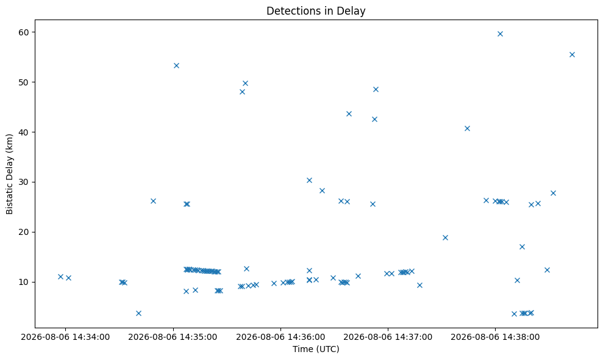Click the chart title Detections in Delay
coord(316,11)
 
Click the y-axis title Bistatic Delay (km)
coord(9,174)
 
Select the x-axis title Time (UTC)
coord(316,349)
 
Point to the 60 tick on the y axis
coord(23,32)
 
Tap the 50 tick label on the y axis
coord(23,82)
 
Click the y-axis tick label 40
coord(23,132)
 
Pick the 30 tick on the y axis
coord(23,182)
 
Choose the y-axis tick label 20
coord(23,232)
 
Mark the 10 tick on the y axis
coord(23,283)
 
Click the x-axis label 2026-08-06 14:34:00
coord(65,337)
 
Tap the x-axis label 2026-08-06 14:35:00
coord(173,337)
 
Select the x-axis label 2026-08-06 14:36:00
coord(280,337)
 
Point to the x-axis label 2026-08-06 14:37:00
coord(388,337)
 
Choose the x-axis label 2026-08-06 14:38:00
coord(495,337)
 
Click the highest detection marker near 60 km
coord(500,34)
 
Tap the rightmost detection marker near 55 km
coord(572,55)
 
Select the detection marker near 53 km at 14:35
coord(177,65)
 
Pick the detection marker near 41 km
coord(467,129)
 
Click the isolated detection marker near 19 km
coord(445,237)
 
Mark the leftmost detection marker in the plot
coord(60,276)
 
